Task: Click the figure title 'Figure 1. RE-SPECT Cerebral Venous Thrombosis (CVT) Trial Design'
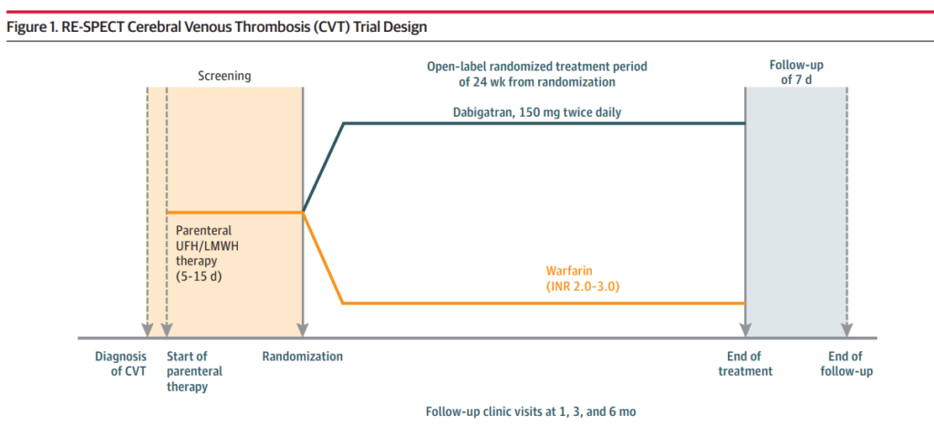click(217, 27)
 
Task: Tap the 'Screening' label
click(224, 77)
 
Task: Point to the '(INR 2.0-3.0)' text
click(583, 286)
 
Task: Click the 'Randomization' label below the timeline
click(303, 357)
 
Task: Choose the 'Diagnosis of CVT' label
click(120, 364)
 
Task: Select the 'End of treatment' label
click(745, 364)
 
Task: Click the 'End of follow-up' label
click(846, 364)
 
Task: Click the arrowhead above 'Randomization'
click(303, 330)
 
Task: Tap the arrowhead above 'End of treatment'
click(745, 330)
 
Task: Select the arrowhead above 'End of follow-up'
click(846, 330)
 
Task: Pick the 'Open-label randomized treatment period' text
click(536, 66)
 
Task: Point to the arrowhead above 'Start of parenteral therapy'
click(167, 330)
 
